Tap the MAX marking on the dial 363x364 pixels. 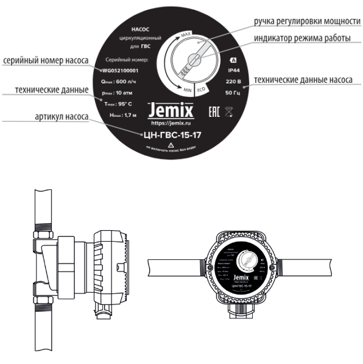pyautogui.click(x=186, y=37)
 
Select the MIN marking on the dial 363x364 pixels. pyautogui.click(x=189, y=89)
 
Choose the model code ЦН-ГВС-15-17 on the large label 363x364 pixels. pyautogui.click(x=171, y=136)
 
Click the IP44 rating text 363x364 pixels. pyautogui.click(x=233, y=71)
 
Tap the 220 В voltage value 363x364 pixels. pyautogui.click(x=233, y=82)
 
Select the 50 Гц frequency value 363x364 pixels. pyautogui.click(x=233, y=93)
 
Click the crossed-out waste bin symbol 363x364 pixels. pyautogui.click(x=227, y=111)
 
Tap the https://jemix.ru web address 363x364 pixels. pyautogui.click(x=171, y=123)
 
